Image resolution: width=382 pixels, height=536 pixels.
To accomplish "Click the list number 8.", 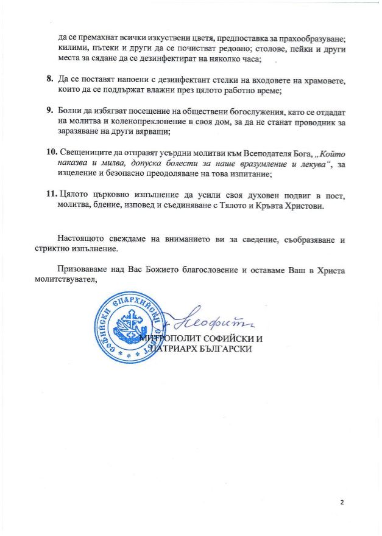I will pos(50,80).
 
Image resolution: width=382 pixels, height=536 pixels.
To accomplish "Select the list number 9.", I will pos(50,110).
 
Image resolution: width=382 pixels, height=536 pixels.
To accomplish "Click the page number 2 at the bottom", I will pos(342,502).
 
